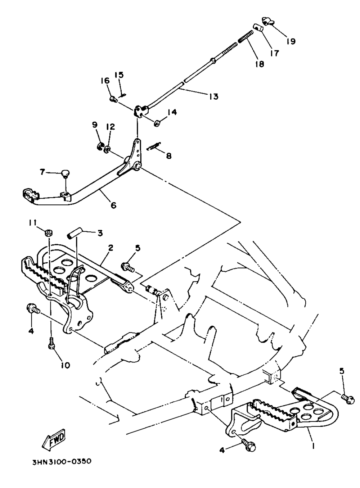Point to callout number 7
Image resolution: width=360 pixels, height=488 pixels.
[43, 172]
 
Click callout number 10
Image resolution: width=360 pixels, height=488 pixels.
[66, 365]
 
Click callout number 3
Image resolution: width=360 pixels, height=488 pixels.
[99, 233]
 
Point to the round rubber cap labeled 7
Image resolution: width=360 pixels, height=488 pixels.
[65, 174]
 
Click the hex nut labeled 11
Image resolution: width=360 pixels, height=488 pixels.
[47, 232]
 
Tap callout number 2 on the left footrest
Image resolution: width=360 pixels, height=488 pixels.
[111, 248]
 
